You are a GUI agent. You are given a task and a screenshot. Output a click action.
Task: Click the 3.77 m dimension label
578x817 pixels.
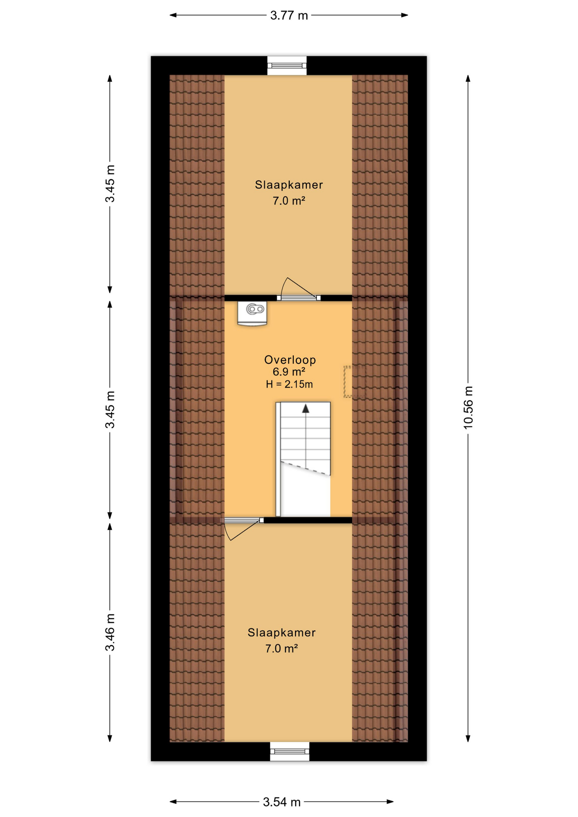tap(289, 16)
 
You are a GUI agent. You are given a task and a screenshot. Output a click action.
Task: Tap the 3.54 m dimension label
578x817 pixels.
tap(281, 802)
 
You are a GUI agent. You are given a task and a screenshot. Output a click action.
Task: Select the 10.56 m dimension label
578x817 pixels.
tap(468, 407)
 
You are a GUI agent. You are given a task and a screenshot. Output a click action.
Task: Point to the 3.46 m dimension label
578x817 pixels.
tap(110, 632)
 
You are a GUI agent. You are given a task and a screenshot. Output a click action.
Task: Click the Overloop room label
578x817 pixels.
tap(290, 360)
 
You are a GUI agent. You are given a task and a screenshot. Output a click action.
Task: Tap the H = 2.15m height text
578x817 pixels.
tap(289, 385)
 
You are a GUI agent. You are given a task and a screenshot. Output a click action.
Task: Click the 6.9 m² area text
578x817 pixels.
tap(289, 372)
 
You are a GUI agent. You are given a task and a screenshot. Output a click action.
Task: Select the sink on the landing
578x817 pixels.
tap(252, 313)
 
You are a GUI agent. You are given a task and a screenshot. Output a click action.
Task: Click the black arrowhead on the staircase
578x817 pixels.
tap(306, 409)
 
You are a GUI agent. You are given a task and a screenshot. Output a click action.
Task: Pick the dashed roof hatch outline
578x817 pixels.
tap(354, 382)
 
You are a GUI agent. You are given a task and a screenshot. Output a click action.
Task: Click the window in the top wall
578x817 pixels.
tap(287, 66)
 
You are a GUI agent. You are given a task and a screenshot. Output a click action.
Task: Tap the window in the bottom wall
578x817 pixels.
tap(289, 751)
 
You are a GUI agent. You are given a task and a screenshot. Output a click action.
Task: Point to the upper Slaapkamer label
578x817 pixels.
tap(289, 185)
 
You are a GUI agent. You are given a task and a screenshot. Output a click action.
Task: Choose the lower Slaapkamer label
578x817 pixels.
tap(281, 633)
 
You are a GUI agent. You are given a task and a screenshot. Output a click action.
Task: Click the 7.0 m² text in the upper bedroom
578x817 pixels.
tap(289, 201)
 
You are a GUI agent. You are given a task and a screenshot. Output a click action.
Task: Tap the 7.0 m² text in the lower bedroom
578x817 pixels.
tap(281, 649)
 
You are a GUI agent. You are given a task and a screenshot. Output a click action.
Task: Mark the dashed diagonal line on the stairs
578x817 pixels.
tap(305, 468)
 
